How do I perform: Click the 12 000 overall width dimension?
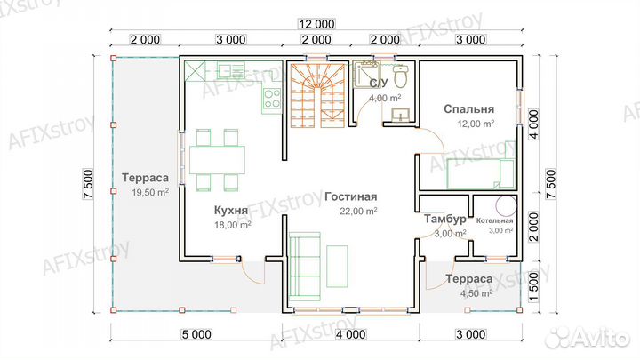(316, 24)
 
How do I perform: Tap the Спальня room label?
(469, 109)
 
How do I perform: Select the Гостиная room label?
(350, 196)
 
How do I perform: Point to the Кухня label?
(231, 210)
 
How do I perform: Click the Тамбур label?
(445, 220)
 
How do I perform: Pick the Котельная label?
(495, 220)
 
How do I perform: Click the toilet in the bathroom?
(400, 76)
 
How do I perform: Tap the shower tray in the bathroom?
(366, 74)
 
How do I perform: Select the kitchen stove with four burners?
(272, 99)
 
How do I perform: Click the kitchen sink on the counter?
(230, 70)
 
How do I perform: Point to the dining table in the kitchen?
(217, 160)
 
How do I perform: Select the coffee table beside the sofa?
(337, 267)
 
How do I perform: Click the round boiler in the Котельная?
(506, 205)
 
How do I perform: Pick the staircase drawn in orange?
(318, 95)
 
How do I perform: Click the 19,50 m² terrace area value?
(150, 192)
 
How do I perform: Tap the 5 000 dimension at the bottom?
(196, 335)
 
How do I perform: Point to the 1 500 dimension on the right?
(534, 287)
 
